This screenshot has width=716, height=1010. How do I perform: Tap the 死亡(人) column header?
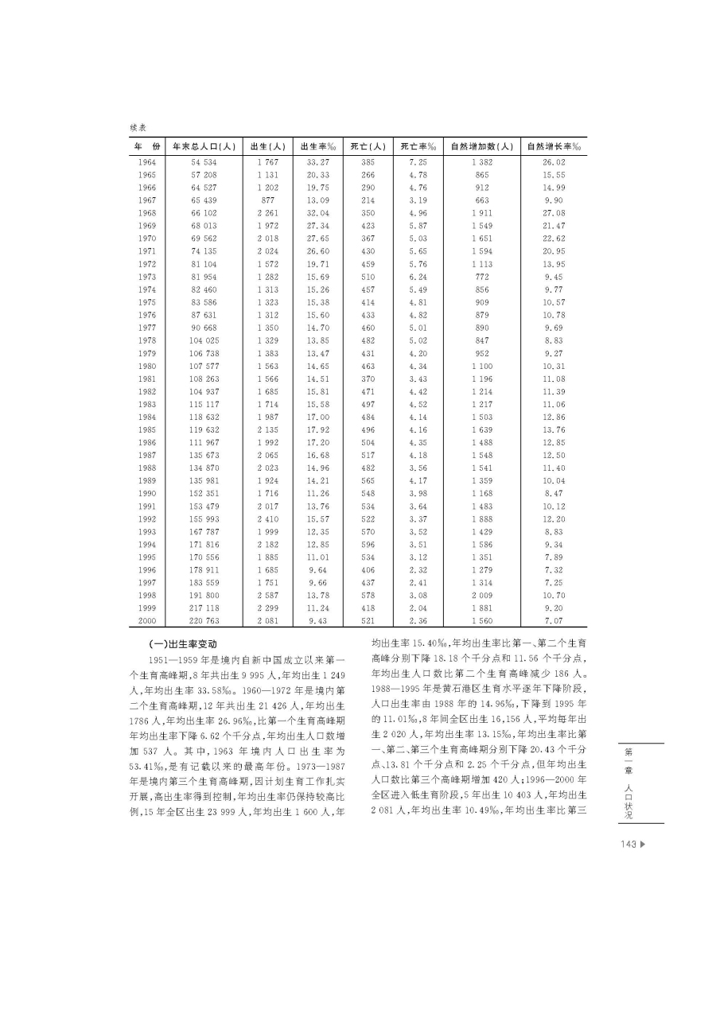tap(368, 146)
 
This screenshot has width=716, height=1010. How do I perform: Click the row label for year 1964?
tap(146, 162)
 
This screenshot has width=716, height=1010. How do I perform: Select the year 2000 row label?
tap(146, 620)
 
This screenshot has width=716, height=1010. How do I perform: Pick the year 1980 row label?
tap(146, 366)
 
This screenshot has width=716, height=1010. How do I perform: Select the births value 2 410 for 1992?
tap(268, 519)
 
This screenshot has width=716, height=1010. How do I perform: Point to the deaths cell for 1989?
tap(368, 480)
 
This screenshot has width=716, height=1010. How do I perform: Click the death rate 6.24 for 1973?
tap(418, 277)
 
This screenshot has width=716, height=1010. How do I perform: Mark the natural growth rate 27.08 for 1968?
tap(554, 213)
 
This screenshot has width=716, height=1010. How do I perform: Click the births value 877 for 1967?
tap(268, 200)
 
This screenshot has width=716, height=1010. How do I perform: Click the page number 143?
tap(627, 845)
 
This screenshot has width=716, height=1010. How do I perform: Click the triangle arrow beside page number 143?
tap(642, 845)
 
